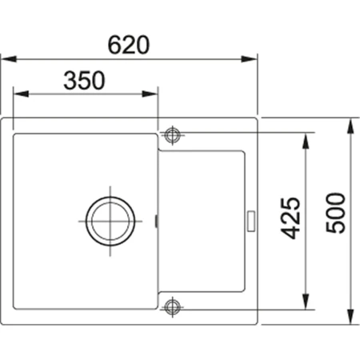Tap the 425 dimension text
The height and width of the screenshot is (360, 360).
point(293,218)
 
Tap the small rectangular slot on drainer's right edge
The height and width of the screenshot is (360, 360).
point(251,219)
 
